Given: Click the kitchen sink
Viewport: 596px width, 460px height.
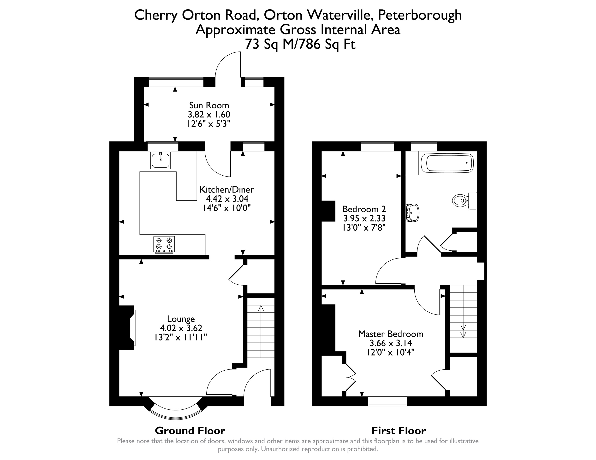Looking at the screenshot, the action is click(161, 160).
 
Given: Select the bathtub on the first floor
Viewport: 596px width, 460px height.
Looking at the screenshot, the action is click(447, 163).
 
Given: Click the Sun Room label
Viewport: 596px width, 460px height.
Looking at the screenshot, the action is click(209, 105).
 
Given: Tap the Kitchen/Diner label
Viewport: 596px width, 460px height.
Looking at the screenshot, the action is click(227, 190).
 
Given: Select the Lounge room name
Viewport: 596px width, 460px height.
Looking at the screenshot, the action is click(181, 319).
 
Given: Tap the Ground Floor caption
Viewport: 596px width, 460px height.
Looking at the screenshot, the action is click(190, 431).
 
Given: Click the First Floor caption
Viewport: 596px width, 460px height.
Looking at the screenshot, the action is click(399, 431).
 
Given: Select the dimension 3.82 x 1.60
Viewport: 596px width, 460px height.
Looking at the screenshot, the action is click(209, 115).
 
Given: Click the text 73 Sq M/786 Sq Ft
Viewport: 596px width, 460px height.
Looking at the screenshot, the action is click(300, 44).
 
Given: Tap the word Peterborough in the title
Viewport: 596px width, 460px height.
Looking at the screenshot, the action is click(420, 15).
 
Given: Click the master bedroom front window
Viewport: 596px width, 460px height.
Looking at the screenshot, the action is click(387, 401).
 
